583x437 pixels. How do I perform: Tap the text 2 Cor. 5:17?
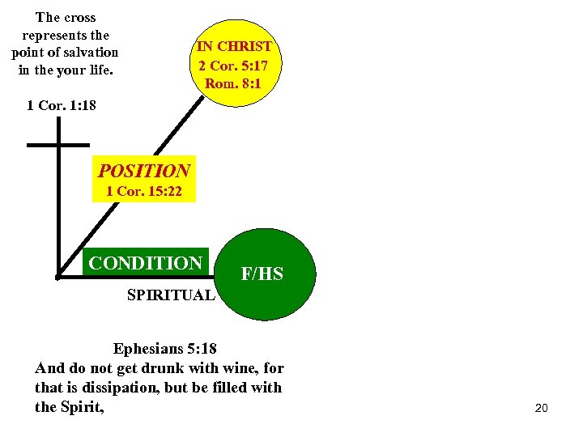click(235, 65)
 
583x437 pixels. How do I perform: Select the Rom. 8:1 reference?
click(235, 83)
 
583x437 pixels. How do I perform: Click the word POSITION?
click(144, 172)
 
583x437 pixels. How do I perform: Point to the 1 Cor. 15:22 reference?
click(144, 192)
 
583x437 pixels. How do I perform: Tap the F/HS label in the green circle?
click(262, 274)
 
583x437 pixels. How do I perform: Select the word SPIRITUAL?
click(171, 295)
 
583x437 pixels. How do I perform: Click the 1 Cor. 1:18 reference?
click(62, 105)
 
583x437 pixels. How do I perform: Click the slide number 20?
click(542, 409)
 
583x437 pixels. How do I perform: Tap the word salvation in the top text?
click(91, 53)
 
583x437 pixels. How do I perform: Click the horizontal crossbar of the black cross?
click(58, 145)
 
